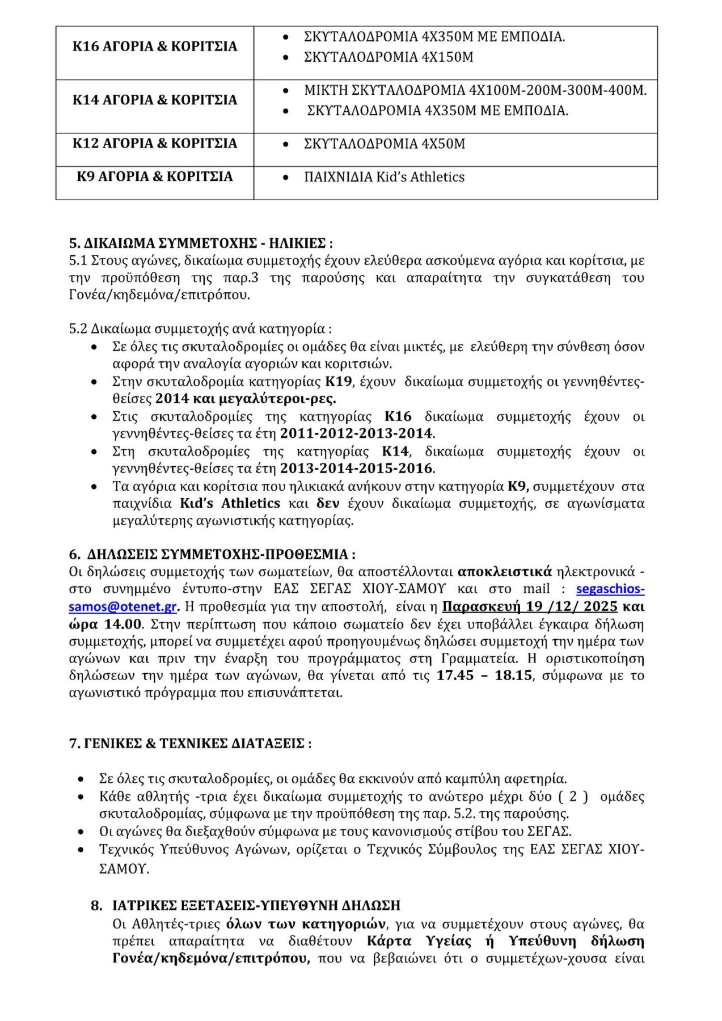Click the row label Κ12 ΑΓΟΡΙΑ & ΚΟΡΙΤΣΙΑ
(x=154, y=143)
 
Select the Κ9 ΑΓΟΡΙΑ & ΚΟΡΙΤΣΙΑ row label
(x=154, y=176)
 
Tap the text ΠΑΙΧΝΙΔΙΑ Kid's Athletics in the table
(x=384, y=177)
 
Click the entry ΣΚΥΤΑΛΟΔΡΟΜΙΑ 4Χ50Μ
(x=384, y=144)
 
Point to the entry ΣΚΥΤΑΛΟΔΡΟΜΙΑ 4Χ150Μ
(x=388, y=57)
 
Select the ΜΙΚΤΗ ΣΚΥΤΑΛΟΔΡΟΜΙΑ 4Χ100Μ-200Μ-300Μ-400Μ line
(x=475, y=90)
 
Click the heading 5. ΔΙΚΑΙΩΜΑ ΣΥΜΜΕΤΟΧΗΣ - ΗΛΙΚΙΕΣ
(x=201, y=243)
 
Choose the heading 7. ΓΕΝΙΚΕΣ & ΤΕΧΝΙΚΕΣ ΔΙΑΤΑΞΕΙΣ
(x=190, y=743)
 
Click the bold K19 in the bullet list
(x=339, y=381)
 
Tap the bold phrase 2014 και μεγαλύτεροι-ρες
(x=246, y=399)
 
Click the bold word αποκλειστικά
(x=504, y=571)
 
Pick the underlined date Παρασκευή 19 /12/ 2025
(x=530, y=606)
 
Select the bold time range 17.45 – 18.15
(x=484, y=676)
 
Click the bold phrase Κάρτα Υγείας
(x=419, y=941)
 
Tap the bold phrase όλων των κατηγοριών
(x=306, y=924)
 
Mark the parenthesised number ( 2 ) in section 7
(x=573, y=796)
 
